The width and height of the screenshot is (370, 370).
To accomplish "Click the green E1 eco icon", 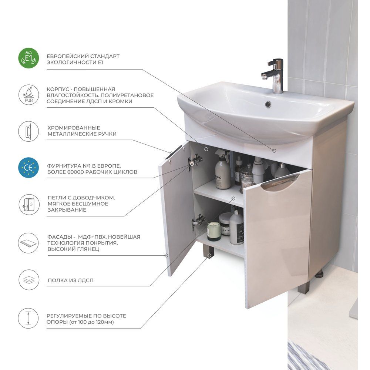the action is [x=28, y=58].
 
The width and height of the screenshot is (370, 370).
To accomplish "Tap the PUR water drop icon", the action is [x=28, y=95].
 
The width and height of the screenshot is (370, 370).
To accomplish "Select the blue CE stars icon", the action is [x=28, y=168].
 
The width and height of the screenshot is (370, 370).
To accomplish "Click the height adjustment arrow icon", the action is [x=28, y=318].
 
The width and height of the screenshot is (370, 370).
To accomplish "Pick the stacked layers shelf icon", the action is [x=28, y=280].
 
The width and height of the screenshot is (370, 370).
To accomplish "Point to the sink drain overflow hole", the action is [x=268, y=104].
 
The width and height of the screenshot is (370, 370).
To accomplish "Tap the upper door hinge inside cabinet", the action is [x=195, y=161].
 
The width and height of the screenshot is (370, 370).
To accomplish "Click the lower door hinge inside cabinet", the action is [x=198, y=221].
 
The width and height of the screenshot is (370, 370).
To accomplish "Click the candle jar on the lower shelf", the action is [x=214, y=231].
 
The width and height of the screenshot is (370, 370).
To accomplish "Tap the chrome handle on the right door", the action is [x=280, y=182].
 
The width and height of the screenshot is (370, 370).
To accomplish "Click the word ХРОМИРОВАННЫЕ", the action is [x=74, y=128].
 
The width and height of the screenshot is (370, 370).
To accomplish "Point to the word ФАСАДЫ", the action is [x=60, y=237].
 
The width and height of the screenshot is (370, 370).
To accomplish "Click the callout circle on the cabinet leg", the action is [x=209, y=255].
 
